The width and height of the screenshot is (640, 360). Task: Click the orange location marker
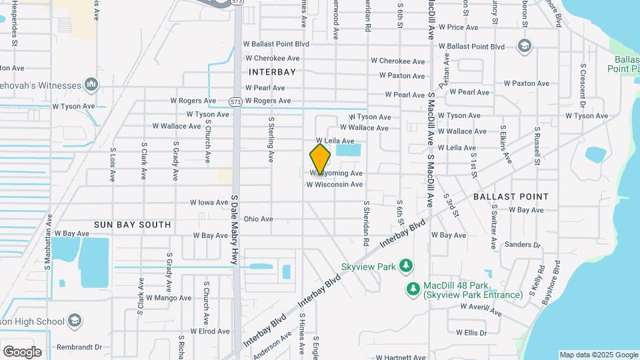(x=321, y=159)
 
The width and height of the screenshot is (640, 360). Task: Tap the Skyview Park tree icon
(x=405, y=267)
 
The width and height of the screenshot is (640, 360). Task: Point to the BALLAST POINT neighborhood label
(x=511, y=197)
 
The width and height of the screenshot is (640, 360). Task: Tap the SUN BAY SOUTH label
(x=132, y=225)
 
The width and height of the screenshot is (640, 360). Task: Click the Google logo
(x=22, y=352)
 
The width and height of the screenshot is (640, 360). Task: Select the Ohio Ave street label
(x=258, y=219)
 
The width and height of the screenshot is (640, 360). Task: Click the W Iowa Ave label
(x=209, y=202)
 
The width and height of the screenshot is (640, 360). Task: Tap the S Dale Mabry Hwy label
(x=235, y=230)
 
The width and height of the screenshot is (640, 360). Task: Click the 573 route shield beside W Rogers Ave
(x=235, y=101)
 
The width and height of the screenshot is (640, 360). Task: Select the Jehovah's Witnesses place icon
(x=91, y=85)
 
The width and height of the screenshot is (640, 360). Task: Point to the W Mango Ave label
(x=168, y=298)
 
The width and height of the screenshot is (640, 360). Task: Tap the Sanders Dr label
(x=523, y=245)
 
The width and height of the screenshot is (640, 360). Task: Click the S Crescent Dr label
(x=582, y=85)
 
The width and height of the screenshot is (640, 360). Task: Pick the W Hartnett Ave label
(x=400, y=357)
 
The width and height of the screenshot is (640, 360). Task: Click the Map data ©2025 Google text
(x=598, y=355)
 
